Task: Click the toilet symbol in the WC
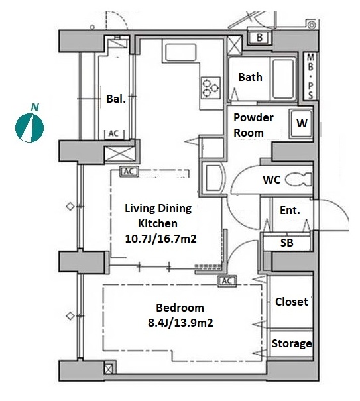298,179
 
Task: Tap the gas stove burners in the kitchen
210,87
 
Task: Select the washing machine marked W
301,124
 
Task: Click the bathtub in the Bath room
282,80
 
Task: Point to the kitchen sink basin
181,53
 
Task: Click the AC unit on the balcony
114,134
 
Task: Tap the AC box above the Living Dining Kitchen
129,172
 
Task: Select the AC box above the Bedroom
227,281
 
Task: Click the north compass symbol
29,124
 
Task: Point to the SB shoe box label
286,243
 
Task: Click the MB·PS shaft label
310,76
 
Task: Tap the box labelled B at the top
259,37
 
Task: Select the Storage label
292,343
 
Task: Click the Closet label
292,302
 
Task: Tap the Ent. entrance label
290,210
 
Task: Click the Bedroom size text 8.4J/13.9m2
180,323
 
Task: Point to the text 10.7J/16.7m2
160,239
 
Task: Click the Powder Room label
253,125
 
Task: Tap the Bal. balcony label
116,99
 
